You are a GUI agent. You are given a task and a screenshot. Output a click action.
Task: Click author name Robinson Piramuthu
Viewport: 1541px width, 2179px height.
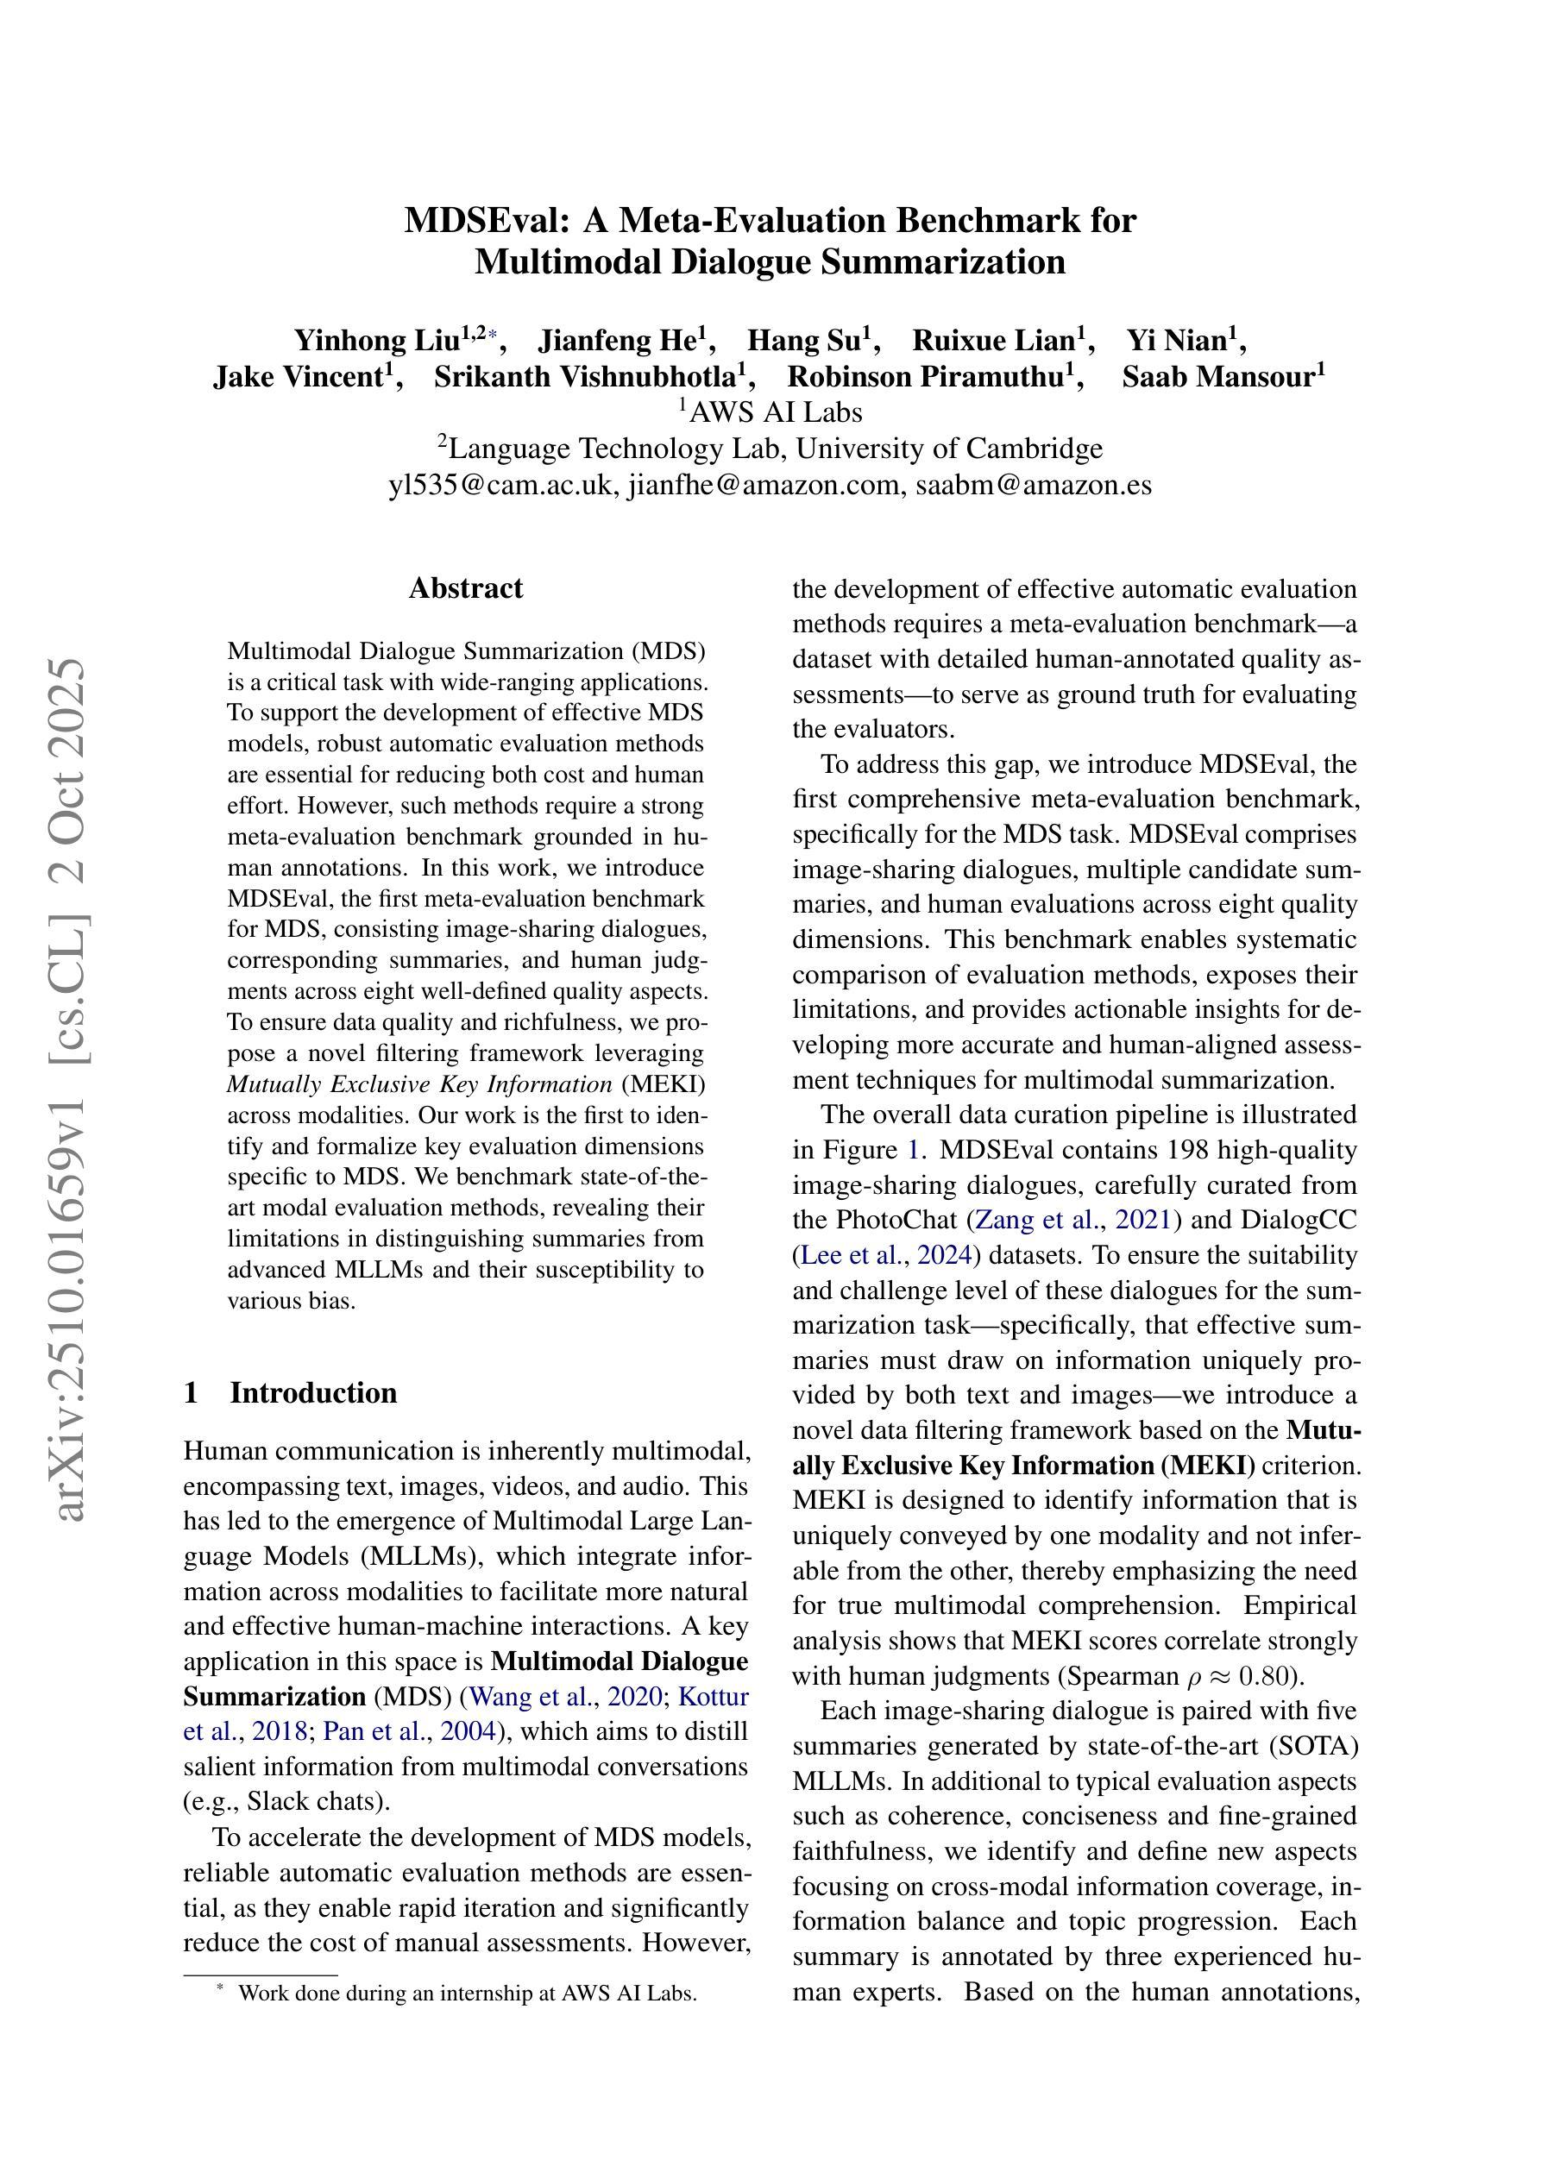point(925,377)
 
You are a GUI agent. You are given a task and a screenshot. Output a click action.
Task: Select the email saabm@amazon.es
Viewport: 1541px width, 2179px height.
point(1033,485)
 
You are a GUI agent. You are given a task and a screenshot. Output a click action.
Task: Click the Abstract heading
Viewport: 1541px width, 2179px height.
point(465,588)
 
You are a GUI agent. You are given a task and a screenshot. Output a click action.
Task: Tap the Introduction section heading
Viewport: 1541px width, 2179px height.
point(312,1393)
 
